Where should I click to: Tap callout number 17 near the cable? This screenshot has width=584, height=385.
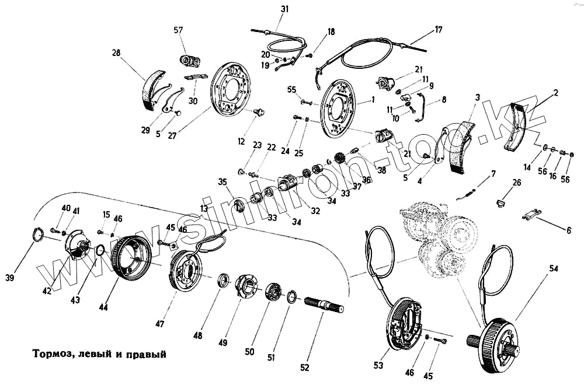(439, 29)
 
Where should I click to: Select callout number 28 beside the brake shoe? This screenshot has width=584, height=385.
(116, 53)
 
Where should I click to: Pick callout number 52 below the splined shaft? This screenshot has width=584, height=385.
(304, 367)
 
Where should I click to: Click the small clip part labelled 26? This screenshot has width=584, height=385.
(500, 202)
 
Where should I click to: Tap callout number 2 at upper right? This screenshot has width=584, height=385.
(556, 92)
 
